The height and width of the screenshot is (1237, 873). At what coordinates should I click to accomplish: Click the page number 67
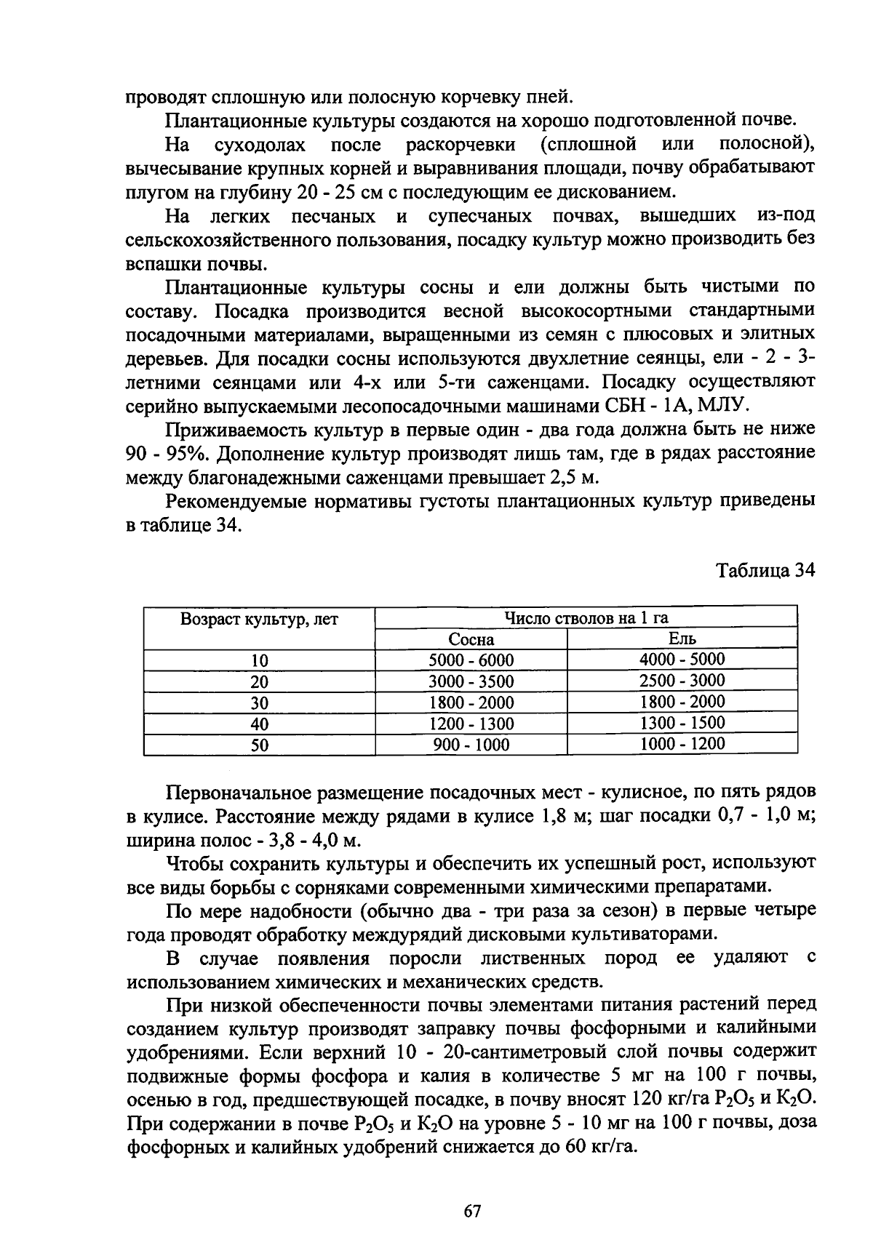point(472,1212)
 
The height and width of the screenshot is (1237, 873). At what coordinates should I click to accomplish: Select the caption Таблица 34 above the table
point(766,571)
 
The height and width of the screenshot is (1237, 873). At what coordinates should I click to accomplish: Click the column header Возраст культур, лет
point(260,620)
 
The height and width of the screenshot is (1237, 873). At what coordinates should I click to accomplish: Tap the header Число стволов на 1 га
point(586,618)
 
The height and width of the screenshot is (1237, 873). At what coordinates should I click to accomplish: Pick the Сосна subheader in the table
point(471,639)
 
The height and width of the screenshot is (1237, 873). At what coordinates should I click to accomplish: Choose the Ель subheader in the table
point(682,638)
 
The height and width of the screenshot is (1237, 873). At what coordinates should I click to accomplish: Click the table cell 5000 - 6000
point(471,660)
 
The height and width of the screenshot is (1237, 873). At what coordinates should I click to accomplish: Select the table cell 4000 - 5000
point(682,660)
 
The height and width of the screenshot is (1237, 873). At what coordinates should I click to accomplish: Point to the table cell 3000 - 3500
point(471,681)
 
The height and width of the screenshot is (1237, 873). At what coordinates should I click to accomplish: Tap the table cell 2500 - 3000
point(682,681)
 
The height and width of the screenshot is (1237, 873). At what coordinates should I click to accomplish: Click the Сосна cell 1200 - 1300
point(471,724)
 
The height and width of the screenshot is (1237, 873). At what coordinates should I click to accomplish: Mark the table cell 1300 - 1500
point(682,723)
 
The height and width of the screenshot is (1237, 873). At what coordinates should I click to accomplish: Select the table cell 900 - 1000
point(471,745)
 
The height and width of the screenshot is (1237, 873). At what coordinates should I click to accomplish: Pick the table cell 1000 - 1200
point(682,744)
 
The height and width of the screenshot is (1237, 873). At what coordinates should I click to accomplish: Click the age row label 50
point(260,745)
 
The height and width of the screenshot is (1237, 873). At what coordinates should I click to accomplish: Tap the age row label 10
point(260,661)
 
